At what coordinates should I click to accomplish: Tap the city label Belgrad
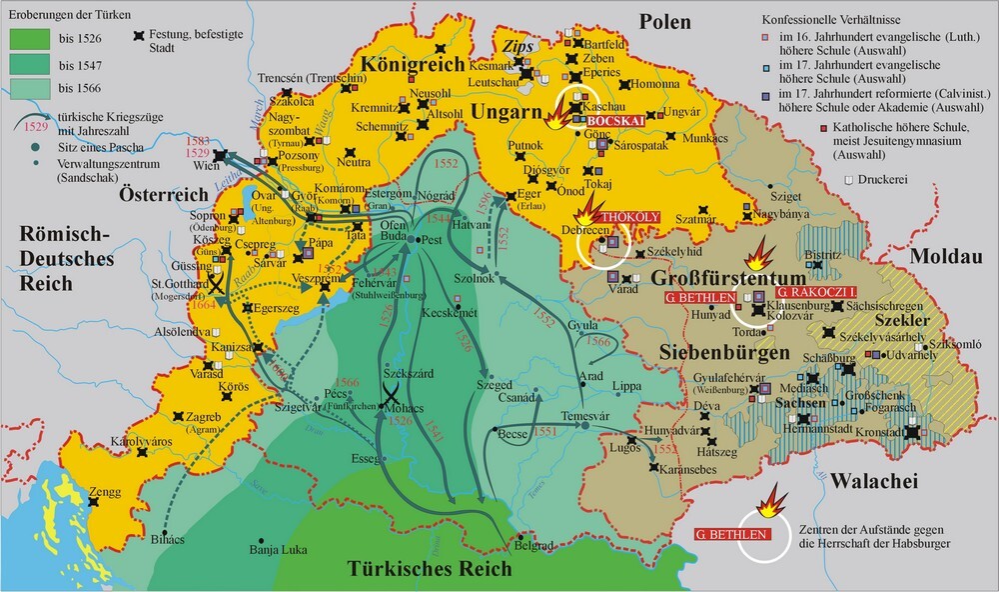pyautogui.click(x=531, y=548)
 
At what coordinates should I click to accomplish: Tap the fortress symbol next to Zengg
pyautogui.click(x=93, y=507)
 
